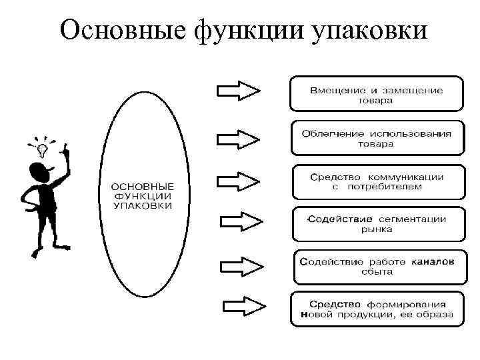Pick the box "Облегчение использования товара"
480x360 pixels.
coord(377,137)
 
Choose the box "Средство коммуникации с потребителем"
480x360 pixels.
coord(377,181)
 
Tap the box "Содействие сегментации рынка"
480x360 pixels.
coord(377,224)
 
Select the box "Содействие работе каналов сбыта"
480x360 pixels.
coord(377,267)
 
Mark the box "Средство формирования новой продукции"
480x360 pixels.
coord(377,309)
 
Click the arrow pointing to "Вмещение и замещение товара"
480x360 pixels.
coord(239,91)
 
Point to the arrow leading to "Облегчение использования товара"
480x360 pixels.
coord(239,139)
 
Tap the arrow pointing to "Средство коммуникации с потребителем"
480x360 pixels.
coord(239,181)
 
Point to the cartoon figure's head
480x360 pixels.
coord(43,175)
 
